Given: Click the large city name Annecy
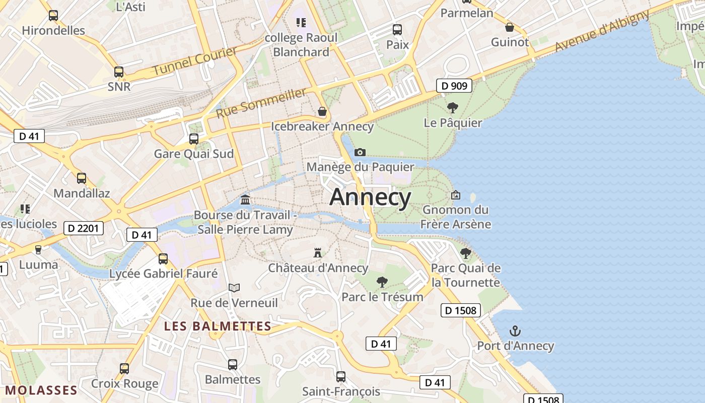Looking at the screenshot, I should click(x=370, y=197).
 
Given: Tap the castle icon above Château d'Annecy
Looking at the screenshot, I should click(x=317, y=252).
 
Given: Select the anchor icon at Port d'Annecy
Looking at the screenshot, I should click(x=515, y=331).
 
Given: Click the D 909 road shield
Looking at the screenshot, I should click(x=455, y=86).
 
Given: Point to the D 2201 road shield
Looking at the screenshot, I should click(x=84, y=228).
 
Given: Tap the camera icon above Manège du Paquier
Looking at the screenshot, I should click(x=360, y=152).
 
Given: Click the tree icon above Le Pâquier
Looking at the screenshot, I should click(x=452, y=107).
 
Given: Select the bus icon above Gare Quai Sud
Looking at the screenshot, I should click(x=193, y=139).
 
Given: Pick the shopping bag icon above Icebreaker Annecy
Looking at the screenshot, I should click(x=322, y=111).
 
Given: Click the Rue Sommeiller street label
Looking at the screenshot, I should click(x=261, y=103).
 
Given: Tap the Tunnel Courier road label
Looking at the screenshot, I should click(x=194, y=61).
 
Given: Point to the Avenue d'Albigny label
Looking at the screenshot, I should click(x=603, y=31).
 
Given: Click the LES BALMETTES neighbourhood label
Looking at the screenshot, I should click(x=218, y=326).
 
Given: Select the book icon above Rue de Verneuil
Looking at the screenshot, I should click(x=234, y=288).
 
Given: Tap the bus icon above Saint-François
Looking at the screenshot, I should click(x=341, y=376).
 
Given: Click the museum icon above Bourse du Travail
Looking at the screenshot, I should click(x=245, y=200).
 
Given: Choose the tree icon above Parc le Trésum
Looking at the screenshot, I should click(x=382, y=282).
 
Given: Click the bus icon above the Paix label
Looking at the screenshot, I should click(x=397, y=30).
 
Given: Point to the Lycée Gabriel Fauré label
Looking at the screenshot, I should click(x=164, y=274).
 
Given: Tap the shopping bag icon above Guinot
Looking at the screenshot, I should click(x=510, y=27).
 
